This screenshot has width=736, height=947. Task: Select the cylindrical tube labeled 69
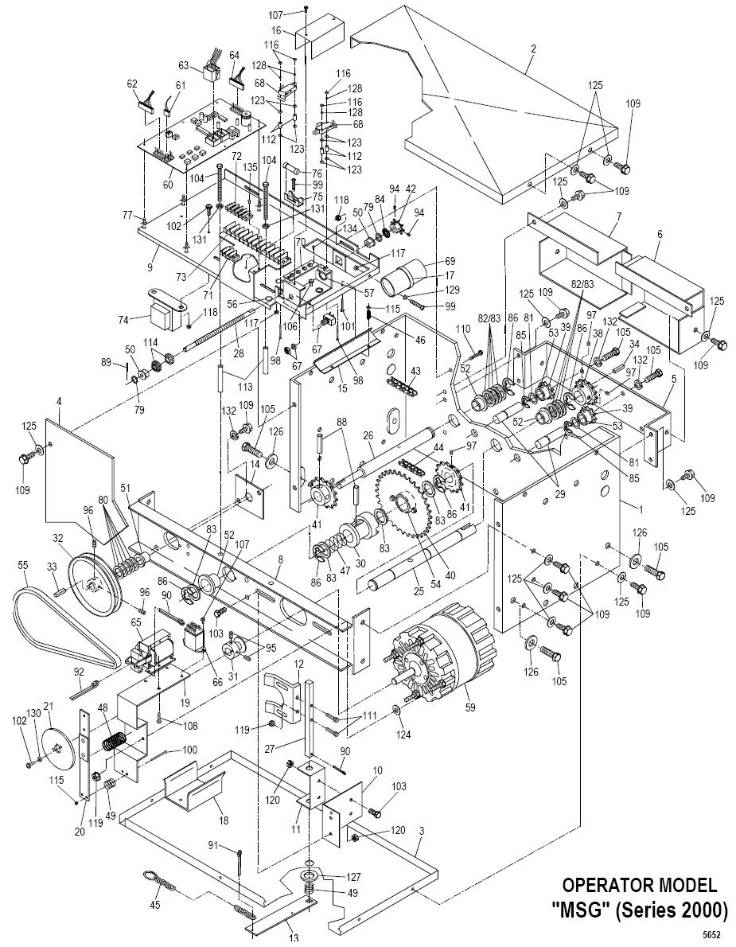click(407, 279)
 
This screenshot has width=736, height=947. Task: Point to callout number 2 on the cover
click(532, 48)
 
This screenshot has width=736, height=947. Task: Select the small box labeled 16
click(319, 42)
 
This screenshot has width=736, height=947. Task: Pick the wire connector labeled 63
click(212, 73)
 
